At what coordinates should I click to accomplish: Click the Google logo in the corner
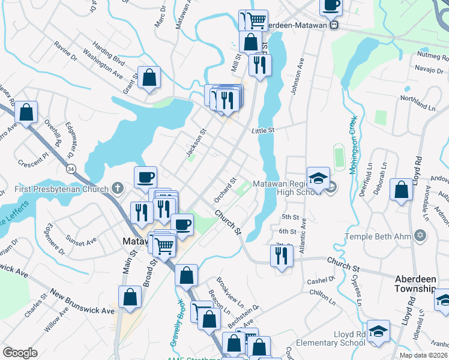(x=20, y=353)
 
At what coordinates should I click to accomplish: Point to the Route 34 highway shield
(x=71, y=170)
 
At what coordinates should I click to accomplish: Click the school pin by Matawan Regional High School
(x=318, y=178)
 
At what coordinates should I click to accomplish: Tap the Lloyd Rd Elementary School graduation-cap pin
(x=378, y=331)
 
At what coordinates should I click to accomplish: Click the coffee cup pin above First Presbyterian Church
(x=146, y=177)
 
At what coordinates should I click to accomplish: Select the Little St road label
(x=263, y=130)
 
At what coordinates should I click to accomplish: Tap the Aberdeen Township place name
(x=415, y=284)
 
